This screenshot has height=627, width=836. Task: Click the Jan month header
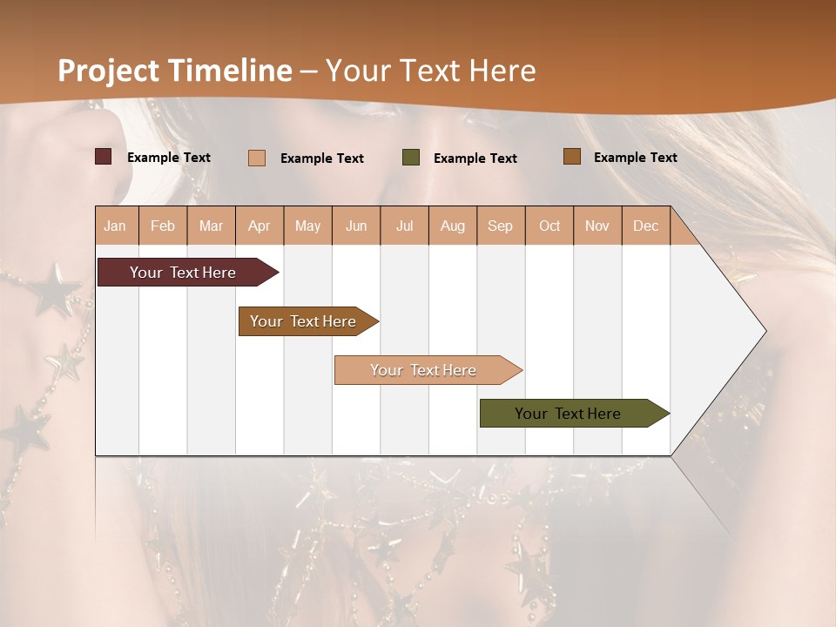pyautogui.click(x=116, y=226)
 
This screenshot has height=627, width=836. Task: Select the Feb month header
pyautogui.click(x=163, y=226)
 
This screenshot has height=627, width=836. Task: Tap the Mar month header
pyautogui.click(x=211, y=226)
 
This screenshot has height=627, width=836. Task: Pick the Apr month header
pyautogui.click(x=260, y=226)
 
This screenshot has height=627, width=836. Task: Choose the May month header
pyautogui.click(x=307, y=226)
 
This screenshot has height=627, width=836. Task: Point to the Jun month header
pyautogui.click(x=356, y=226)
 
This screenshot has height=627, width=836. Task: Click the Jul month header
pyautogui.click(x=404, y=226)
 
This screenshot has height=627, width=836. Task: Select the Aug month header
pyautogui.click(x=453, y=226)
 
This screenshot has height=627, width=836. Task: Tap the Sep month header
pyautogui.click(x=501, y=226)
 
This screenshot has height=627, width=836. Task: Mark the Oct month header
pyautogui.click(x=549, y=226)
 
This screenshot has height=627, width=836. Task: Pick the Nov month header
pyautogui.click(x=597, y=226)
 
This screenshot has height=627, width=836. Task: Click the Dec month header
pyautogui.click(x=646, y=226)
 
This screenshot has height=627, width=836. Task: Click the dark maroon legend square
pyautogui.click(x=104, y=157)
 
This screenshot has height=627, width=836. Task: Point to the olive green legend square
pyautogui.click(x=411, y=157)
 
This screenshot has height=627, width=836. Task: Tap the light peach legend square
pyautogui.click(x=257, y=158)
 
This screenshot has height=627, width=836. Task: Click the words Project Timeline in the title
pyautogui.click(x=175, y=71)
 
